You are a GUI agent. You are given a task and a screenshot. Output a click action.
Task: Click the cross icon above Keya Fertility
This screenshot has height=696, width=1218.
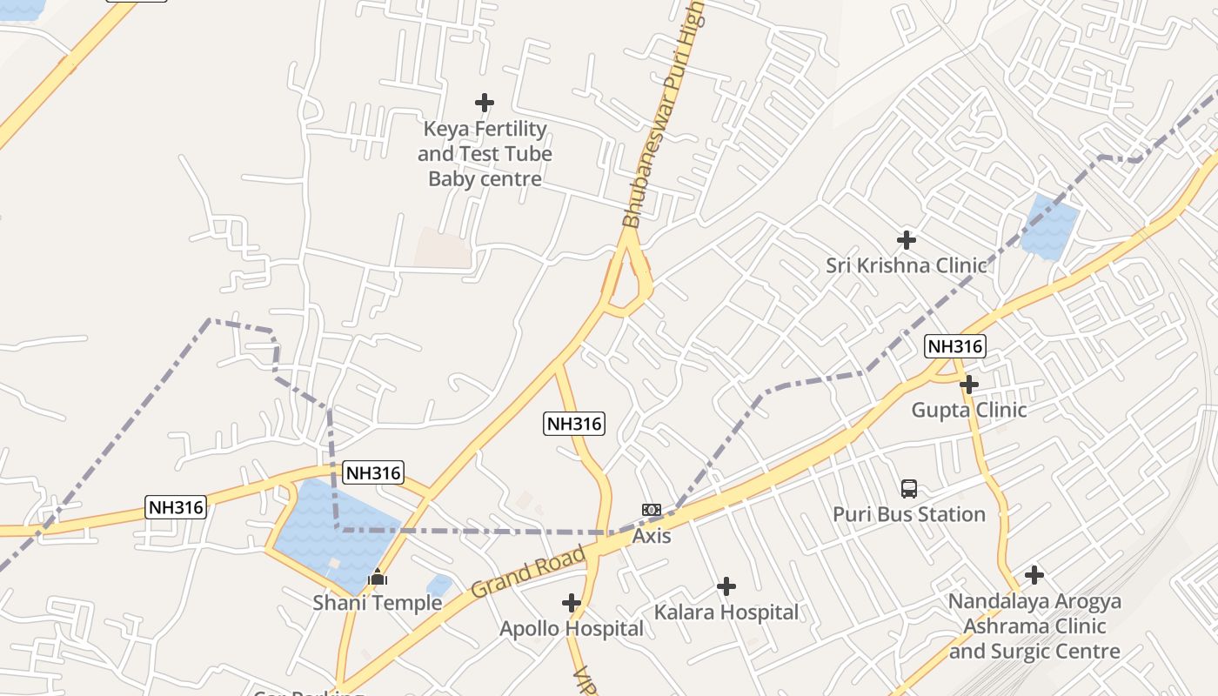[x=485, y=104]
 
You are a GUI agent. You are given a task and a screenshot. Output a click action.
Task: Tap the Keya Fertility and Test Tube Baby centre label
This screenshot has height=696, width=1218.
[x=485, y=154]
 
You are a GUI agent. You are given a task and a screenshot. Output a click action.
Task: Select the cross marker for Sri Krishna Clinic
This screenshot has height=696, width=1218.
[x=907, y=239]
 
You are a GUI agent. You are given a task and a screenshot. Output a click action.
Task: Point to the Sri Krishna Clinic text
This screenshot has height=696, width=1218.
[x=907, y=265]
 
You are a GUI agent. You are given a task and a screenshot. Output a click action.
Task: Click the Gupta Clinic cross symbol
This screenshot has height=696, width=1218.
[x=969, y=385]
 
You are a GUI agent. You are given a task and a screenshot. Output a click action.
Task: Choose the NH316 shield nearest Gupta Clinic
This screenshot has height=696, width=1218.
[x=954, y=346]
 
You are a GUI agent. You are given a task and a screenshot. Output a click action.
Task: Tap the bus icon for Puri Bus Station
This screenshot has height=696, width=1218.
[x=909, y=489]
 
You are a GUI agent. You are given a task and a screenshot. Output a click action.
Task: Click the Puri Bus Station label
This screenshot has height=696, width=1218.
[x=909, y=514]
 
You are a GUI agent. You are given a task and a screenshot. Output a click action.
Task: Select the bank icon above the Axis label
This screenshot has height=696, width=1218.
[x=652, y=510]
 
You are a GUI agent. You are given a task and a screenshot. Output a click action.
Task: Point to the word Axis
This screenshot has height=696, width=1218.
[x=652, y=536]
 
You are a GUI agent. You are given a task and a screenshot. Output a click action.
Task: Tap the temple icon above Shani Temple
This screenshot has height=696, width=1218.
[x=378, y=577]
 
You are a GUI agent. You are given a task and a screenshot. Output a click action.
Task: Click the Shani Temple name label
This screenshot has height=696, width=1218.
[x=378, y=602]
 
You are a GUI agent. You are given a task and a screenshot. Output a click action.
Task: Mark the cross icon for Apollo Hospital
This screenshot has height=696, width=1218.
[x=572, y=602]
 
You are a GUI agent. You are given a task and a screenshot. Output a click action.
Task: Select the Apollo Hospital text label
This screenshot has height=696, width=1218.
[x=572, y=628]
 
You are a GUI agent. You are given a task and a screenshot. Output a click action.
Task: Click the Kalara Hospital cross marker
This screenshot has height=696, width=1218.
[x=726, y=587]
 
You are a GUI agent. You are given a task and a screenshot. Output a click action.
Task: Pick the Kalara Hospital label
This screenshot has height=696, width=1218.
[x=726, y=612]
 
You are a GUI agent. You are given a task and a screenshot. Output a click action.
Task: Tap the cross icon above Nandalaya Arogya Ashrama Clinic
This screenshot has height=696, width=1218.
[x=1034, y=575]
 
